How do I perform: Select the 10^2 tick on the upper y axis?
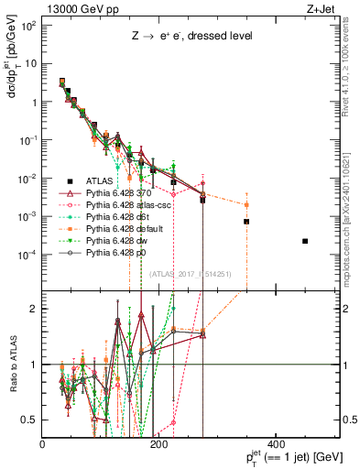click(29, 26)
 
